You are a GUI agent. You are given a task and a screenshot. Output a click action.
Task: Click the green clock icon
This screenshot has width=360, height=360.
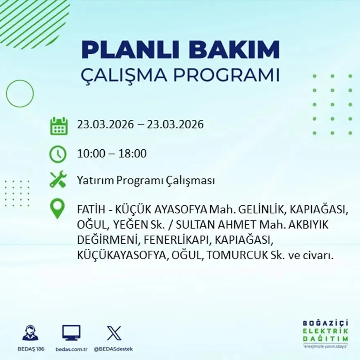tap(58, 154)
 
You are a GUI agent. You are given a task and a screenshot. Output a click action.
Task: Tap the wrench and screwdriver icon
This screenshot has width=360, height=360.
tap(58, 180)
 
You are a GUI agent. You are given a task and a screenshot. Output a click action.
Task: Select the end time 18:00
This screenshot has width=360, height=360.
tap(132, 154)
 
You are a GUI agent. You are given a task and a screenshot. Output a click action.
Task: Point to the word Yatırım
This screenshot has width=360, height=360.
tap(95, 180)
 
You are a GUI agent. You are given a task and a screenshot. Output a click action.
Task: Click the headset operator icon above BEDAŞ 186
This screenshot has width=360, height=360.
tap(30, 333)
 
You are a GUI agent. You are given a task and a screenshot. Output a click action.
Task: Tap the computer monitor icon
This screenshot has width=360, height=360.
tap(71, 333)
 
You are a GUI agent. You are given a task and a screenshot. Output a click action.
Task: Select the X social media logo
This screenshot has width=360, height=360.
tap(114, 333)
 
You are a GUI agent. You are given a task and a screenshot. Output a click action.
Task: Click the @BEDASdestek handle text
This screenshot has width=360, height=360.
tap(113, 349)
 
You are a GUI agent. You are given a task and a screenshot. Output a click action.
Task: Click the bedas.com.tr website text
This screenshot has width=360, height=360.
tap(71, 349)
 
